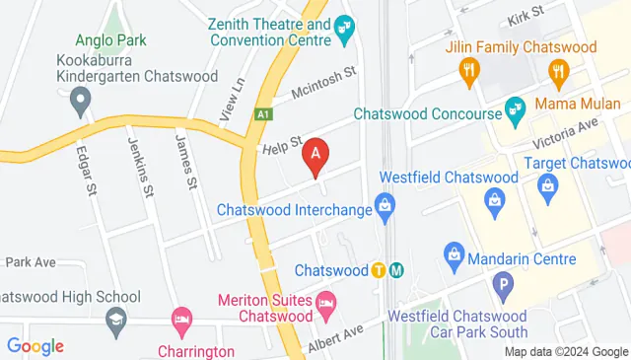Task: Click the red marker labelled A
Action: pyautogui.click(x=315, y=155)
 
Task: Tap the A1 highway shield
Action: pyautogui.click(x=263, y=114)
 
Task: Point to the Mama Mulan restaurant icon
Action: pyautogui.click(x=560, y=69)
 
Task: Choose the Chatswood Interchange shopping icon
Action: pyautogui.click(x=386, y=208)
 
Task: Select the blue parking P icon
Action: pyautogui.click(x=504, y=289)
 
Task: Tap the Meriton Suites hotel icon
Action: pyautogui.click(x=327, y=299)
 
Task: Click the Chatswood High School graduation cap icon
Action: pyautogui.click(x=116, y=319)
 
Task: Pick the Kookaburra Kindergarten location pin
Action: pyautogui.click(x=82, y=98)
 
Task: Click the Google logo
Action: pyautogui.click(x=35, y=345)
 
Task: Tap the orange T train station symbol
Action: pyautogui.click(x=379, y=270)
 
